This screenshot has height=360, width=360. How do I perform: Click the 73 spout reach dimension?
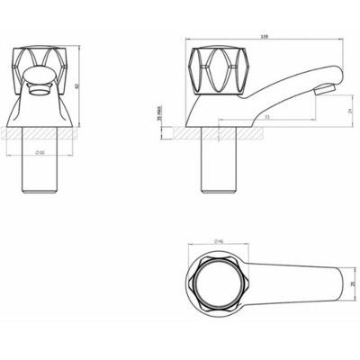267,117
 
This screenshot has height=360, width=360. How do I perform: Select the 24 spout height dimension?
337,110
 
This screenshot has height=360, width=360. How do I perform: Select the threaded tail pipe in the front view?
40,171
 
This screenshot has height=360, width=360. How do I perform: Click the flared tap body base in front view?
40,112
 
